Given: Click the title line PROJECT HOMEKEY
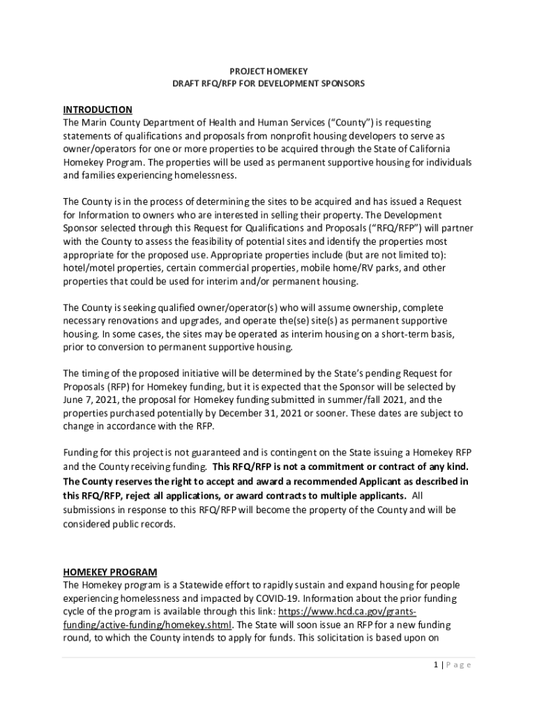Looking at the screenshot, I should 268,71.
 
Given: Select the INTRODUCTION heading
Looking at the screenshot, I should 98,109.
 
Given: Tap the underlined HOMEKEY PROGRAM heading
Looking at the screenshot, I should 110,572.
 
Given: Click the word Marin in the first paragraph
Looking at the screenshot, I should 97,122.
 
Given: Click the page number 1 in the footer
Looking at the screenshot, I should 434,664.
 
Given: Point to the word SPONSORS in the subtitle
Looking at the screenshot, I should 341,84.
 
